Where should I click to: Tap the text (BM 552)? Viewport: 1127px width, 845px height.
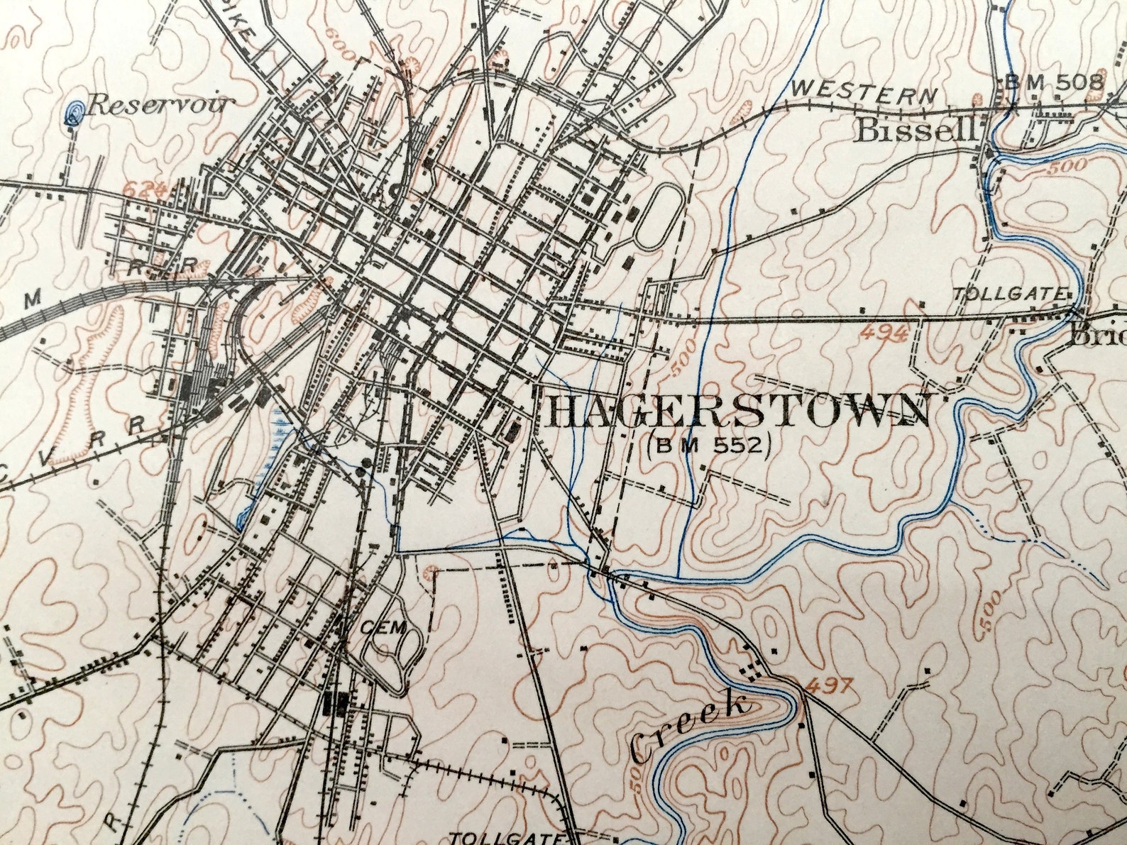pyautogui.click(x=708, y=446)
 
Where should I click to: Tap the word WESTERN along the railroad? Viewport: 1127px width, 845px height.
pyautogui.click(x=864, y=92)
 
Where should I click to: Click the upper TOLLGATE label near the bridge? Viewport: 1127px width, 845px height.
pyautogui.click(x=1011, y=293)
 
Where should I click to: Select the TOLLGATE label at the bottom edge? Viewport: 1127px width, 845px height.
pyautogui.click(x=507, y=838)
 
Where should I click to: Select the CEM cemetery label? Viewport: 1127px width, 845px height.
pyautogui.click(x=383, y=626)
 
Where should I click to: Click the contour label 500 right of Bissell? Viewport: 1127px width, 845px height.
pyautogui.click(x=1066, y=167)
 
